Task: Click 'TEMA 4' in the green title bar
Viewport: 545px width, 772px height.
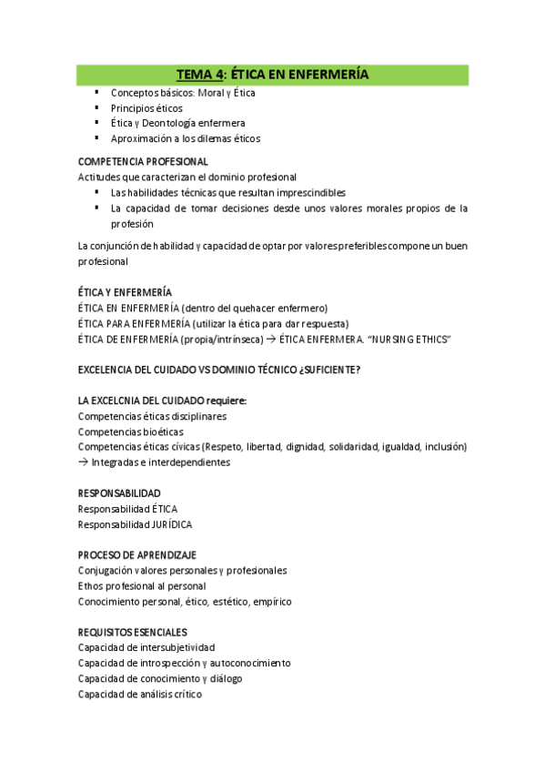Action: (x=200, y=74)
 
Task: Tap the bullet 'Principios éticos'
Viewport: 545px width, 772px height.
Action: (x=146, y=107)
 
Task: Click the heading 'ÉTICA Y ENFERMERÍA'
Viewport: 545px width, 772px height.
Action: (x=125, y=292)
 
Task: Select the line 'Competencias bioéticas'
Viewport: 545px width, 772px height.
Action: (x=130, y=432)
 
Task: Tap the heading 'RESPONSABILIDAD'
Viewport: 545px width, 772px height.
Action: (x=119, y=493)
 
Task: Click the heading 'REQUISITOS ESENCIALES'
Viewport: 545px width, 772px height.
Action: (x=133, y=632)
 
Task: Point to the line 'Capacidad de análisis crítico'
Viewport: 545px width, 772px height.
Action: (x=140, y=694)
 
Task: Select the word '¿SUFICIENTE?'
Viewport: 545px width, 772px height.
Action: (x=328, y=370)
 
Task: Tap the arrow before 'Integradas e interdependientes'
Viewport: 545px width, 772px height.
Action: (x=84, y=462)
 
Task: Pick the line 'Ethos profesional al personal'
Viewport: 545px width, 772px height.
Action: (x=142, y=586)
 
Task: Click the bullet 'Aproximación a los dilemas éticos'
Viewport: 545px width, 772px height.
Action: (x=185, y=138)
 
